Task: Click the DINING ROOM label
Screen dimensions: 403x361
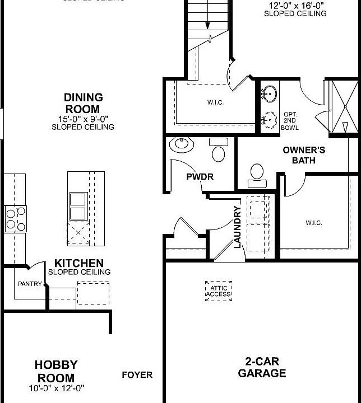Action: click(x=82, y=104)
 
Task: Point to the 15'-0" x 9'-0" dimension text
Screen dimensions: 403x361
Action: click(x=82, y=119)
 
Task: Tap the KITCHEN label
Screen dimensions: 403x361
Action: click(x=79, y=263)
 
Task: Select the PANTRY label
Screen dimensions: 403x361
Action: click(x=30, y=284)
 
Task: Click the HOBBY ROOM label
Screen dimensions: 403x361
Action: click(x=56, y=371)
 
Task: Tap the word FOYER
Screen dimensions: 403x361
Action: click(x=137, y=375)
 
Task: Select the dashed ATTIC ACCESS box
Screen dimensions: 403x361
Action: click(x=219, y=291)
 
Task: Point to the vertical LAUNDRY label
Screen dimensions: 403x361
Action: click(x=237, y=227)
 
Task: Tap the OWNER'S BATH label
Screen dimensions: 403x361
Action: click(x=304, y=155)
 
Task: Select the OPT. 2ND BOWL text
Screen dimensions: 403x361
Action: click(x=290, y=120)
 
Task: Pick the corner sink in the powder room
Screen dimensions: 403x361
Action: click(x=182, y=145)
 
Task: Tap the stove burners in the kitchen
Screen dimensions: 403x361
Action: click(x=15, y=218)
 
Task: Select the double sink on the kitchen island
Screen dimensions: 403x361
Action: click(x=77, y=206)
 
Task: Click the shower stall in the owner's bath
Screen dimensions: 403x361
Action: click(x=343, y=106)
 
